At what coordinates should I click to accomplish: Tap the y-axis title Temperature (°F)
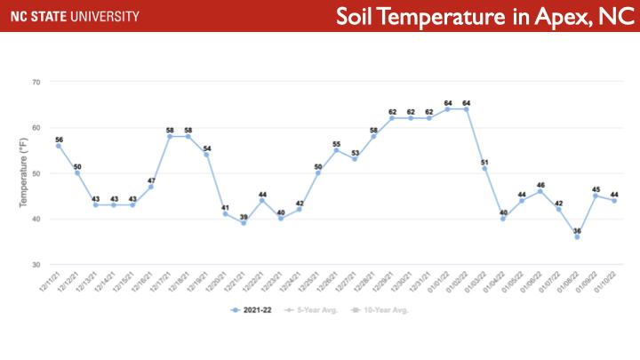tap(24, 173)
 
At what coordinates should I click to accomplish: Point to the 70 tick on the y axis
tap(36, 82)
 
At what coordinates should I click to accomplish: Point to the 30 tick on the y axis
tap(36, 265)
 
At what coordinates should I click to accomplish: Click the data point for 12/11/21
tap(59, 146)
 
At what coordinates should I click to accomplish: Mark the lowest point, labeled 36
tap(577, 237)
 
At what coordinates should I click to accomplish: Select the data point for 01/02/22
tap(466, 109)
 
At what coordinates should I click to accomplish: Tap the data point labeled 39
tap(244, 223)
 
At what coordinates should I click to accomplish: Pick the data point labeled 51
tap(484, 169)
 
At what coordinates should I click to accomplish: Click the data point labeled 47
tap(151, 187)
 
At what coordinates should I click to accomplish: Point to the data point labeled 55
tap(336, 150)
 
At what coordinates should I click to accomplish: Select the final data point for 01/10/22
tap(614, 201)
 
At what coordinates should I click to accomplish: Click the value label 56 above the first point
tap(59, 139)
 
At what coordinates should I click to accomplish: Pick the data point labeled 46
tap(540, 191)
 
